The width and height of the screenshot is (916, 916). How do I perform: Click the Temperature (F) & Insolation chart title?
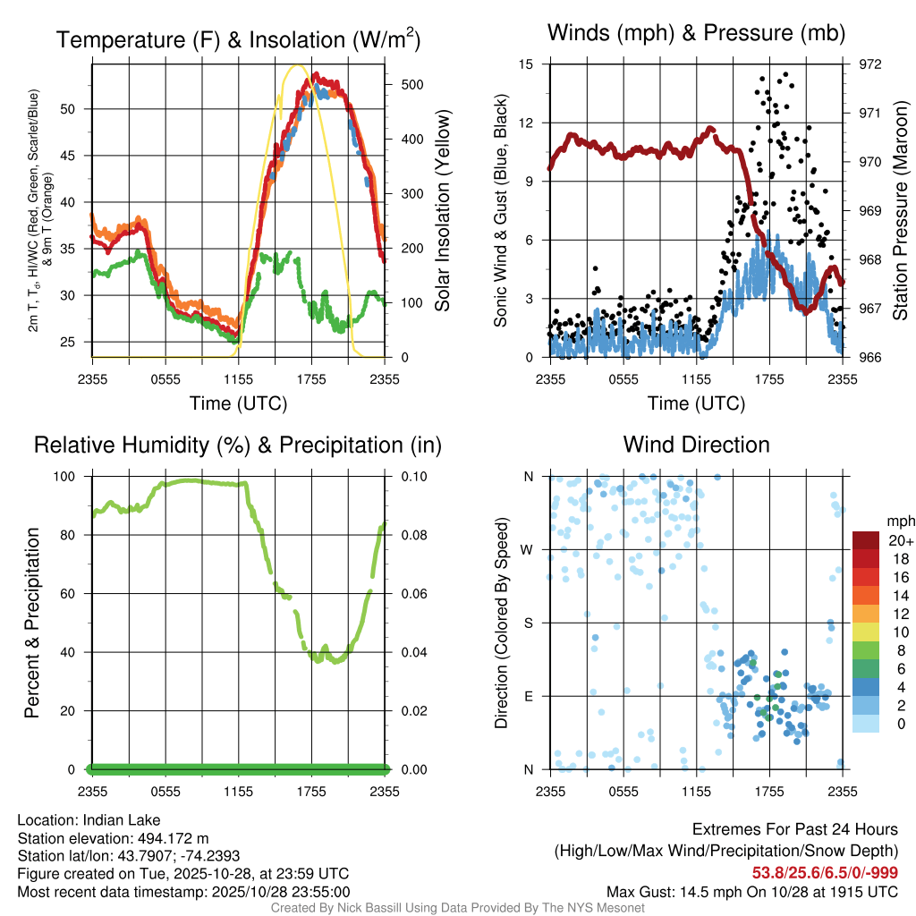pyautogui.click(x=238, y=40)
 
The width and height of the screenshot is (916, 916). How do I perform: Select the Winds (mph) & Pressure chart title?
pyautogui.click(x=696, y=34)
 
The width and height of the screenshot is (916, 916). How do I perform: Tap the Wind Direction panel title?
pyautogui.click(x=696, y=445)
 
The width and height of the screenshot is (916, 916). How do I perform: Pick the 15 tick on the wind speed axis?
pyautogui.click(x=526, y=64)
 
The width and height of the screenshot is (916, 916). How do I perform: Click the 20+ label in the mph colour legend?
pyautogui.click(x=900, y=540)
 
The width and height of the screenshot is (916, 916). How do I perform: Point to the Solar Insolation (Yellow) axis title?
pyautogui.click(x=442, y=211)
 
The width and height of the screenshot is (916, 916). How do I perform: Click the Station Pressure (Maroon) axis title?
pyautogui.click(x=901, y=211)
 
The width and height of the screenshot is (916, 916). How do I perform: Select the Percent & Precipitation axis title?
pyautogui.click(x=31, y=623)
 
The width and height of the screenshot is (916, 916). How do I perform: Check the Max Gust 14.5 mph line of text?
pyautogui.click(x=752, y=891)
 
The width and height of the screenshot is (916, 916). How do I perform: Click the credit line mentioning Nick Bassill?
pyautogui.click(x=457, y=908)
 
